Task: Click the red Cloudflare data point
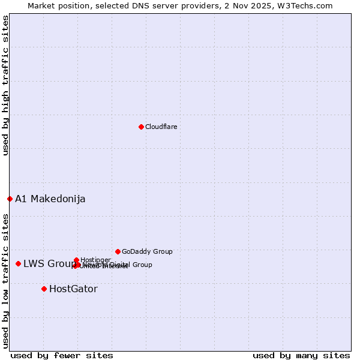[x=141, y=127]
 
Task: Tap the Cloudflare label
[x=161, y=127]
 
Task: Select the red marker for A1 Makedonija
[x=10, y=199]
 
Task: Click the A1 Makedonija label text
[x=50, y=199]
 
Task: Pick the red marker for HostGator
[x=44, y=289]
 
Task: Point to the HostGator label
[x=73, y=289]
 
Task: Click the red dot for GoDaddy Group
[x=118, y=251]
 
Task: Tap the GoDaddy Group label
[x=147, y=251]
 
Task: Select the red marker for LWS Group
[x=18, y=263]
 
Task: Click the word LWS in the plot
[x=34, y=263]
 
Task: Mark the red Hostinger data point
[x=76, y=260]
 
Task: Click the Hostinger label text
[x=95, y=260]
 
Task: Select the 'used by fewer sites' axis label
[x=62, y=355]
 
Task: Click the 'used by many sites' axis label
[x=301, y=355]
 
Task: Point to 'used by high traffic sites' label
[x=5, y=85]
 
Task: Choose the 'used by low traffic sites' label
[x=5, y=280]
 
